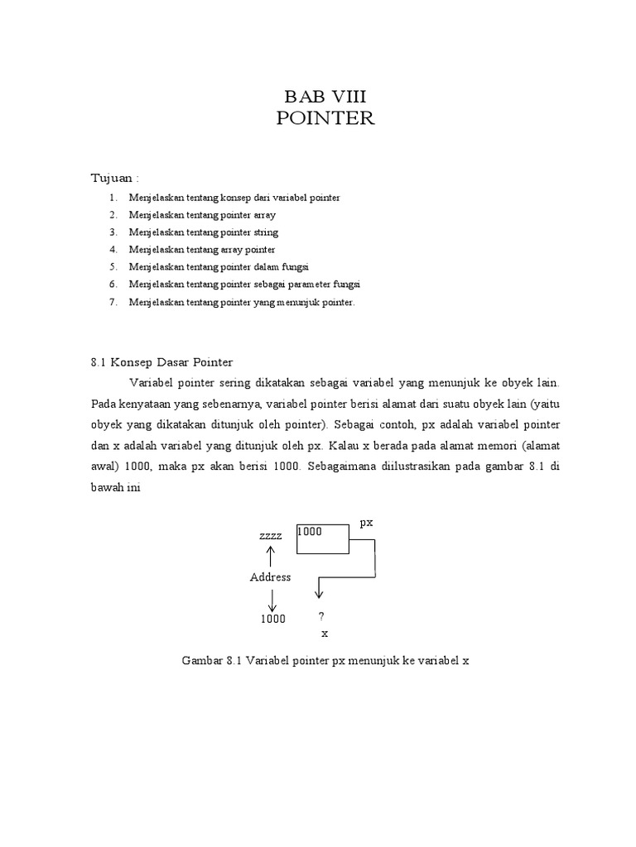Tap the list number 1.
click(x=112, y=199)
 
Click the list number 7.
click(x=112, y=303)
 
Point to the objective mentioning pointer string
click(x=204, y=232)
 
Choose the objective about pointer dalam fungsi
click(x=216, y=267)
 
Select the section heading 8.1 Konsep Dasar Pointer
click(x=161, y=362)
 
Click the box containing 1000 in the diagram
click(x=321, y=538)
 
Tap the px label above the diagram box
click(x=366, y=523)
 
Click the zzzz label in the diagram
click(x=271, y=536)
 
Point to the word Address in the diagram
click(x=270, y=577)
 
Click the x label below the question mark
click(x=325, y=634)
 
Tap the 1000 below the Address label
click(x=272, y=619)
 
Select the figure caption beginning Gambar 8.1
click(x=325, y=662)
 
